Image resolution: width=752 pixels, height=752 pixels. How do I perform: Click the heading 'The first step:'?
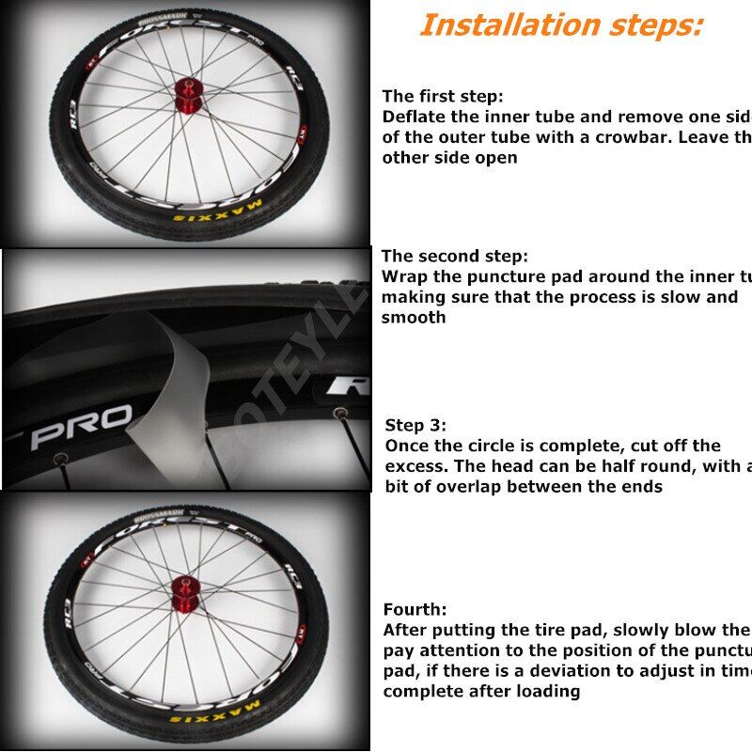(443, 96)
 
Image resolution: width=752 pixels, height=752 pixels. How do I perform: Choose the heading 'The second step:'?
(455, 256)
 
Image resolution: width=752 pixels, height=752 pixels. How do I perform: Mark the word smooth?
(414, 318)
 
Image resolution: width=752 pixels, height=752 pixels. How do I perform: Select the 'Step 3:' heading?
(415, 425)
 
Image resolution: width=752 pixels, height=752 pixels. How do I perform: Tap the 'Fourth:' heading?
(415, 609)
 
